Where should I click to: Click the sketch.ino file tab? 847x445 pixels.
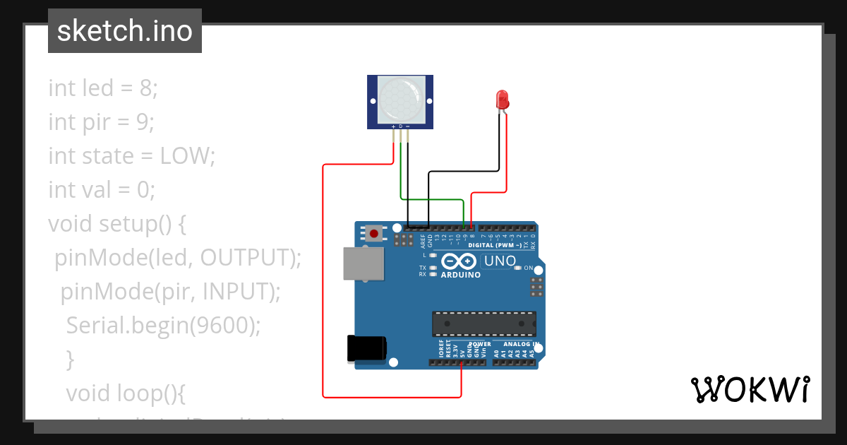pyautogui.click(x=125, y=31)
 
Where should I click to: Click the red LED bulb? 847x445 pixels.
pyautogui.click(x=503, y=99)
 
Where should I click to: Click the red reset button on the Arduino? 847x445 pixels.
pyautogui.click(x=374, y=232)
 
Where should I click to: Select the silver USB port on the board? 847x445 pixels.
pyautogui.click(x=364, y=263)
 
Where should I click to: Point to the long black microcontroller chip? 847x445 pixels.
pyautogui.click(x=484, y=324)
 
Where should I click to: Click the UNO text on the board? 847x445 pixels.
pyautogui.click(x=500, y=261)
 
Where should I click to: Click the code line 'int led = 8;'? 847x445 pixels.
pyautogui.click(x=103, y=88)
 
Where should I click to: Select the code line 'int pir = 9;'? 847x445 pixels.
pyautogui.click(x=101, y=122)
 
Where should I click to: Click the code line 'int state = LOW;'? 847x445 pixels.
pyautogui.click(x=131, y=156)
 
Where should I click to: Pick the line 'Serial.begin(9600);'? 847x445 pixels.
pyautogui.click(x=163, y=326)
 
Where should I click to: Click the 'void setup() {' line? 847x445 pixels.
pyautogui.click(x=116, y=224)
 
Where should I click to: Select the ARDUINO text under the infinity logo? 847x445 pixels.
pyautogui.click(x=460, y=275)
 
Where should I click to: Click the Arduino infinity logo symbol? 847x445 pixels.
pyautogui.click(x=460, y=261)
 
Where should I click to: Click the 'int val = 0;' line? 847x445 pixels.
pyautogui.click(x=101, y=190)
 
